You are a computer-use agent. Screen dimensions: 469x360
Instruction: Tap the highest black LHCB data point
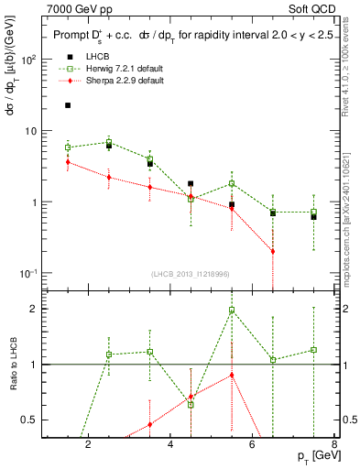coord(68,105)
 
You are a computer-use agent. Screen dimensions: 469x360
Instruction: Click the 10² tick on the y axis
coord(30,60)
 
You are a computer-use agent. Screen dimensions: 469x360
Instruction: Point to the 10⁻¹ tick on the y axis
coord(30,273)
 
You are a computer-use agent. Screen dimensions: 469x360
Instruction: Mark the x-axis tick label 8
coord(334,445)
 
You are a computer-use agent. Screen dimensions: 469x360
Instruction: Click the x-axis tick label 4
coord(170,445)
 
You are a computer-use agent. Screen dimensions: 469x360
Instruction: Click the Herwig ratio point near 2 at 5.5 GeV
coord(232,310)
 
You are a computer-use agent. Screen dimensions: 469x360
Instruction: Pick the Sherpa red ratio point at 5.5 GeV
coord(232,375)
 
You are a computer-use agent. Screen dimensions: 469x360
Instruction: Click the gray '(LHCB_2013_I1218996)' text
coord(191,275)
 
